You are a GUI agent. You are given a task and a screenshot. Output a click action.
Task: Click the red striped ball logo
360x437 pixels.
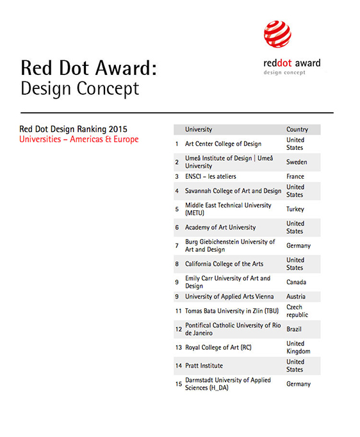point(277,34)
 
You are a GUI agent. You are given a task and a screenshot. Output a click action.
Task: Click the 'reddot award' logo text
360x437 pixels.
point(292,63)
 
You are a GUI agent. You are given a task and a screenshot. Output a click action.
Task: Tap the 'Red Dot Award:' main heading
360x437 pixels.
point(89,68)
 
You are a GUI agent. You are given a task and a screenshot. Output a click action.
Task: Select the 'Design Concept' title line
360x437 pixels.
point(79,88)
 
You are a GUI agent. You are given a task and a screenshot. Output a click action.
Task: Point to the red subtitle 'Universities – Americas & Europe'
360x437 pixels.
point(79,139)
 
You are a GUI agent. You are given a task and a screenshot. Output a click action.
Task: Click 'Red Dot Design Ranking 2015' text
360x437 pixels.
point(73,129)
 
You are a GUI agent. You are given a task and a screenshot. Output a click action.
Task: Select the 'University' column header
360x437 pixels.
point(199,129)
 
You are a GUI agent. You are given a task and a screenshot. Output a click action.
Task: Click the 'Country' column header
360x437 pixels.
point(297,129)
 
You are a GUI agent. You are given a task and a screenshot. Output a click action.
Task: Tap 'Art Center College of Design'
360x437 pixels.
point(223,144)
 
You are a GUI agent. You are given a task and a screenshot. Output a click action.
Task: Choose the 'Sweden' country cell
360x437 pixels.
point(297,162)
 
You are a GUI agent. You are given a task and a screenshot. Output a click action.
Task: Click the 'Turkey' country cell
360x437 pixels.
point(295,209)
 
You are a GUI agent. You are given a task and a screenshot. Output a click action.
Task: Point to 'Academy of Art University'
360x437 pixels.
point(220,227)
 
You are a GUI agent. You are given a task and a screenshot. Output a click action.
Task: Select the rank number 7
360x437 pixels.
point(177,245)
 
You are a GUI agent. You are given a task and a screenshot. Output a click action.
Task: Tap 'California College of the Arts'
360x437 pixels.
point(224,264)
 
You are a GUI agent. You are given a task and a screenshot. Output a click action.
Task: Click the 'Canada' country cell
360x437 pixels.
point(296,282)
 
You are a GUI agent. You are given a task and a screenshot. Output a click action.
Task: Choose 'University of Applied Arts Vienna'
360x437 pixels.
point(229,297)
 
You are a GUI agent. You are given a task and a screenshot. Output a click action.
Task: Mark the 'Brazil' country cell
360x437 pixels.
point(294,329)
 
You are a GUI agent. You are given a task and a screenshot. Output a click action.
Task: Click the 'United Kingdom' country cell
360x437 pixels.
point(298,347)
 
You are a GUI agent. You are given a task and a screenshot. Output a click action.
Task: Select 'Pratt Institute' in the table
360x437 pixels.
point(204,366)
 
